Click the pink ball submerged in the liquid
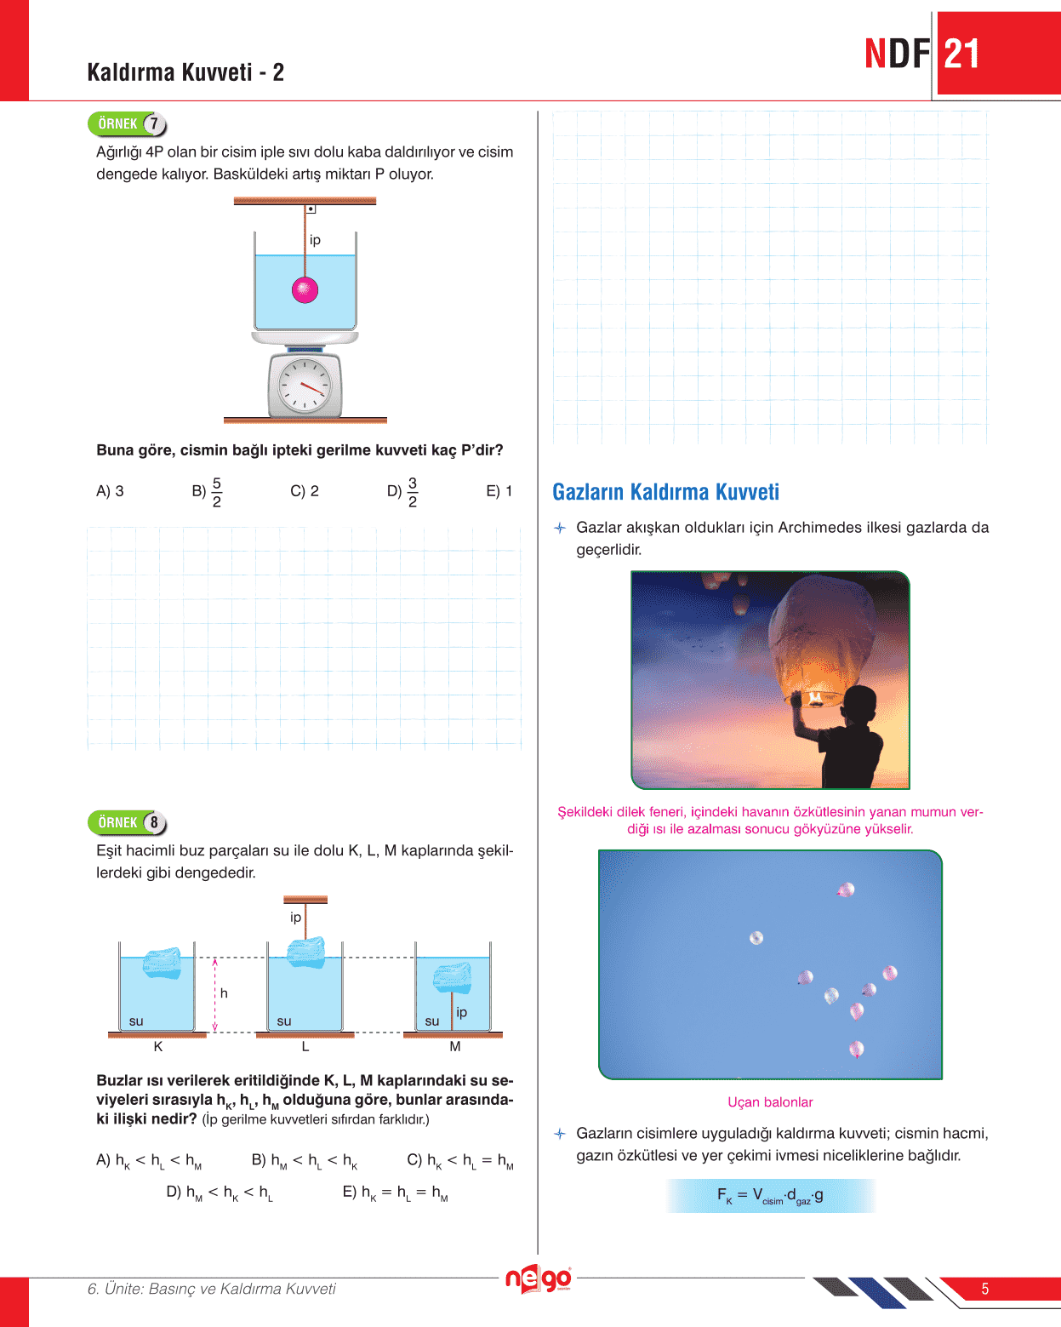305,290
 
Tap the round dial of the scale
305,386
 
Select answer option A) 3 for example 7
111,491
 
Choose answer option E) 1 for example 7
499,491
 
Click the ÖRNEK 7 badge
127,124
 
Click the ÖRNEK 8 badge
127,823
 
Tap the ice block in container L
306,952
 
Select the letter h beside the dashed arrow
224,993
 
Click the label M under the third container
455,1047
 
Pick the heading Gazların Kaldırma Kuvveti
665,492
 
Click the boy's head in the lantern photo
854,706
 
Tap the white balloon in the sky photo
756,938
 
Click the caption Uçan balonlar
770,1102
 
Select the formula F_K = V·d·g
770,1196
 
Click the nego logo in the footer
538,1279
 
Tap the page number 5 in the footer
984,1289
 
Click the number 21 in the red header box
962,54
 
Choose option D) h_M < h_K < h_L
220,1193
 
